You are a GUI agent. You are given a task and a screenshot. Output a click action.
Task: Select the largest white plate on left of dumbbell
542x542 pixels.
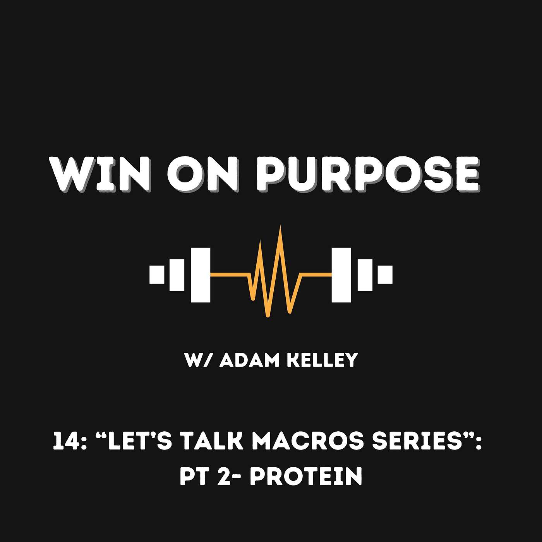[x=201, y=275]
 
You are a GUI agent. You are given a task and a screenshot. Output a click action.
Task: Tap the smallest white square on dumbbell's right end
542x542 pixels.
[x=385, y=274]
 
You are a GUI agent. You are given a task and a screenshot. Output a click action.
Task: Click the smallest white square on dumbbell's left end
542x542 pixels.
[x=157, y=274]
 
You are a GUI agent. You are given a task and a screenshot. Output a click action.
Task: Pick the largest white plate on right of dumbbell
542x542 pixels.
[x=341, y=275]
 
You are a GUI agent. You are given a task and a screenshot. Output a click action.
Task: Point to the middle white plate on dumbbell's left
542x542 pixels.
[x=177, y=275]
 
